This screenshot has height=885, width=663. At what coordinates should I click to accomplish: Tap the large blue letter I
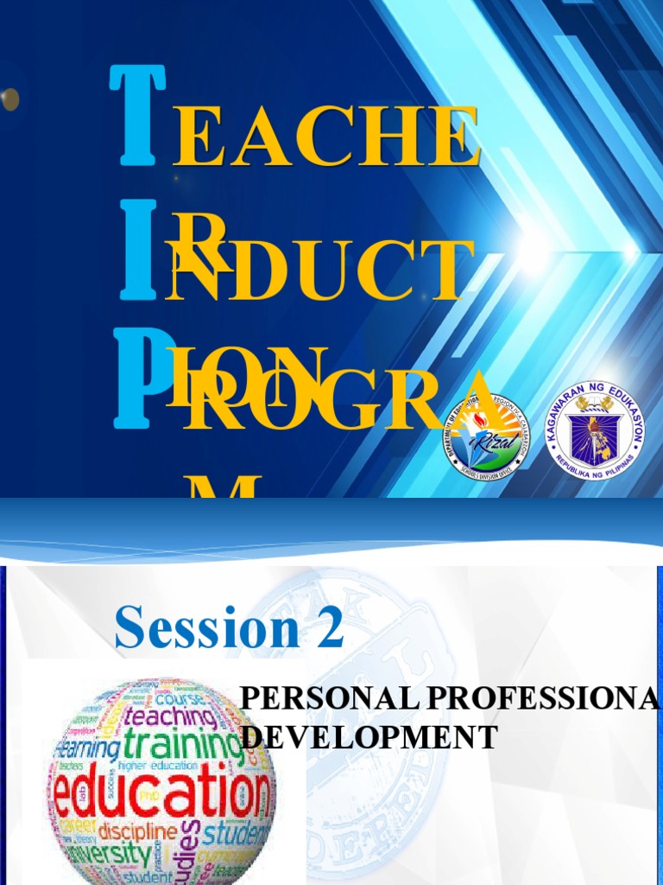point(138,250)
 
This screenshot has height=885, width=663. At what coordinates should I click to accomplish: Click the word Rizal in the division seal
point(483,438)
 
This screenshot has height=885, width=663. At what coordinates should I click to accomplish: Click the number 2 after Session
point(329,627)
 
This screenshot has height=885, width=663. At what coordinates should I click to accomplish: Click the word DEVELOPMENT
point(369,737)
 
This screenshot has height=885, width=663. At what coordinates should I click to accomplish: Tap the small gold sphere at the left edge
point(9,99)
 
